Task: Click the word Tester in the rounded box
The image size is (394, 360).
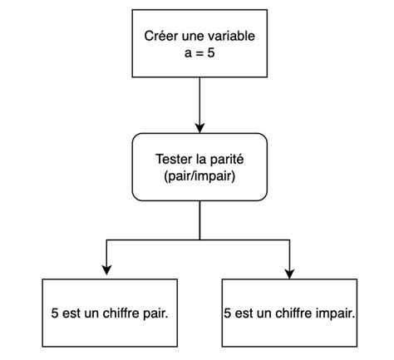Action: pos(175,159)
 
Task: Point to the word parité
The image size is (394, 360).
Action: pos(227,159)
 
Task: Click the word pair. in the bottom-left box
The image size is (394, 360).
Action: pos(160,315)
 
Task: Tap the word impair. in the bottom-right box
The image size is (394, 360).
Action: pos(336,315)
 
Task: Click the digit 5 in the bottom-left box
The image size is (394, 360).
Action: pos(55,315)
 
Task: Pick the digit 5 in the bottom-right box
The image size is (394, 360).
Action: pos(228,315)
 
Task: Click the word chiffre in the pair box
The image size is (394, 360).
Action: pos(123,315)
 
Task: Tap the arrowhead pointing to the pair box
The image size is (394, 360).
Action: pos(106,269)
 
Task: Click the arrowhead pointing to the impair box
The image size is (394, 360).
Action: pos(288,269)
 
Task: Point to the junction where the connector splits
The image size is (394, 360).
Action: pos(199,239)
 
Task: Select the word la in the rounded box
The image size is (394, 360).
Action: pos(204,159)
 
